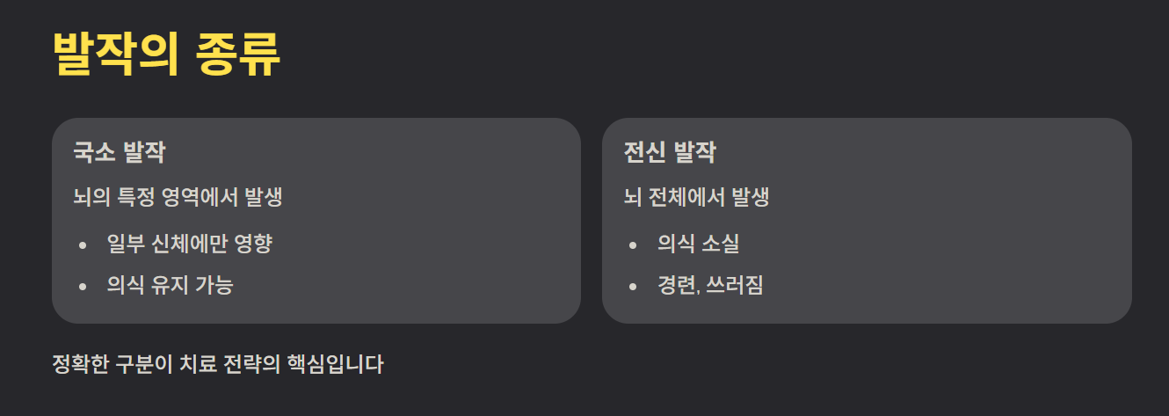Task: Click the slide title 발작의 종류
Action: tap(166, 55)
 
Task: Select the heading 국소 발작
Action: tap(120, 153)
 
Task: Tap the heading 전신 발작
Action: tap(670, 153)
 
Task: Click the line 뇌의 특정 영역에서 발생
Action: tap(178, 197)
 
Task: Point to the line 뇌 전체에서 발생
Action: tap(696, 197)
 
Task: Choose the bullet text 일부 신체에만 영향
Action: tap(189, 243)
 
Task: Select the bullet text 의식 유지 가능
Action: tap(170, 285)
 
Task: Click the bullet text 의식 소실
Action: tap(698, 243)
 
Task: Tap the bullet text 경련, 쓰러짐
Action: tap(710, 285)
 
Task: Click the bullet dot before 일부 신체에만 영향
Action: tap(83, 244)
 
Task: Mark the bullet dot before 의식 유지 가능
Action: tap(83, 286)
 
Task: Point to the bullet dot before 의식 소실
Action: tap(633, 244)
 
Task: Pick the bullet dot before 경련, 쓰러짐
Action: tap(633, 286)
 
